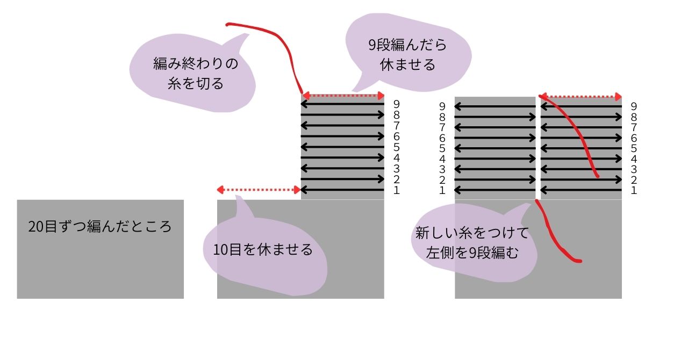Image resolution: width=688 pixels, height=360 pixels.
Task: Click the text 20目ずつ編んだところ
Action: (x=100, y=227)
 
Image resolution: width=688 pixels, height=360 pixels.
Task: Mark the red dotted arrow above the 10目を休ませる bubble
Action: (x=259, y=190)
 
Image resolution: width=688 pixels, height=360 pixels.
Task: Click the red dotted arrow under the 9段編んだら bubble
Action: (x=342, y=96)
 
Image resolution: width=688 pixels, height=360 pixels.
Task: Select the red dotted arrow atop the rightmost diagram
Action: (x=580, y=97)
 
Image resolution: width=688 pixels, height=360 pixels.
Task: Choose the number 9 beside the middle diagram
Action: (x=396, y=104)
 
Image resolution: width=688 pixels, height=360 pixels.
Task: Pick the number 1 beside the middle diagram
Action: (x=396, y=190)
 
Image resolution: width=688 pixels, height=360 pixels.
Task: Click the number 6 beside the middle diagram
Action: (x=396, y=136)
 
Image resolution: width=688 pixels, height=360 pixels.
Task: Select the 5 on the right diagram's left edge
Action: (x=442, y=148)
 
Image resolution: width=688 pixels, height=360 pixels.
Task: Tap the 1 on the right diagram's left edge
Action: (x=442, y=190)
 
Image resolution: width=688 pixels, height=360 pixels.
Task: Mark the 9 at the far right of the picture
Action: (x=634, y=107)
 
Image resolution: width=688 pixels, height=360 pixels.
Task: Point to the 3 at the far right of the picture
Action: (x=634, y=169)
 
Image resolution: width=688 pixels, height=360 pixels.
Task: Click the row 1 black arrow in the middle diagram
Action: (x=342, y=190)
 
